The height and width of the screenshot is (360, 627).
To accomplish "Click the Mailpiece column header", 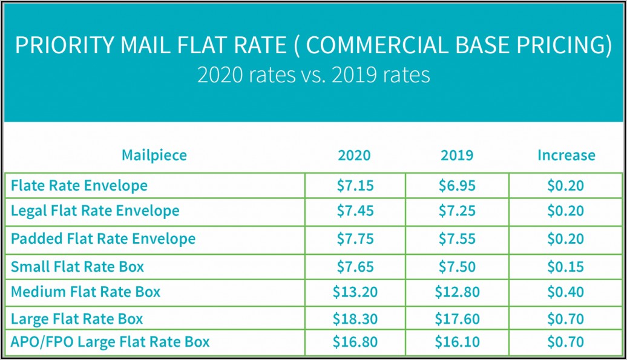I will [x=154, y=155].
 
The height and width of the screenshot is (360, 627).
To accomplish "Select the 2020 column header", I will [x=354, y=155].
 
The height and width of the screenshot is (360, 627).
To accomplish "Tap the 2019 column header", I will [x=457, y=155].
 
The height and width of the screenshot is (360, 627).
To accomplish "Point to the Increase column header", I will [x=566, y=155].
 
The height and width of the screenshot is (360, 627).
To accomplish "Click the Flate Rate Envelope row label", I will [x=79, y=185].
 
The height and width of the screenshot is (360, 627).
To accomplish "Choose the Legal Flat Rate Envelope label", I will [x=95, y=211].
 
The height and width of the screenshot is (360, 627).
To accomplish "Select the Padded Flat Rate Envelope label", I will [x=103, y=238].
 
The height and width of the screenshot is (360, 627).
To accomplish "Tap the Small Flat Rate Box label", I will [x=77, y=266].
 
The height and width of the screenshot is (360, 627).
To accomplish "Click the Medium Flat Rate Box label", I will [x=85, y=292].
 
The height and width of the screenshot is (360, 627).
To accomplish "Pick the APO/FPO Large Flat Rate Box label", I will [x=110, y=342].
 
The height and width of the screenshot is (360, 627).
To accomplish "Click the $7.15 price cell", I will [x=355, y=185].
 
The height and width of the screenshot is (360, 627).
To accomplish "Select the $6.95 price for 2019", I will [x=457, y=185].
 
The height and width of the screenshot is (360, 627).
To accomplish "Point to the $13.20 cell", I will [x=355, y=292].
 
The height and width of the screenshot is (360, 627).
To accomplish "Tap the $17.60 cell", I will [x=457, y=318].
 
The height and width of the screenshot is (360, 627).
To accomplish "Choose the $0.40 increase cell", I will [x=566, y=292].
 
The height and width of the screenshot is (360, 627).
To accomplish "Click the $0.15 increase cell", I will [x=566, y=266].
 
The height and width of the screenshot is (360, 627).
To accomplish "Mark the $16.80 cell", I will [x=355, y=342].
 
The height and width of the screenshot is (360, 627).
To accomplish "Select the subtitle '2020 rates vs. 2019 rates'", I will [x=313, y=74].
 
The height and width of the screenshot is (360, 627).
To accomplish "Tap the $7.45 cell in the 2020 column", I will [x=355, y=211].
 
